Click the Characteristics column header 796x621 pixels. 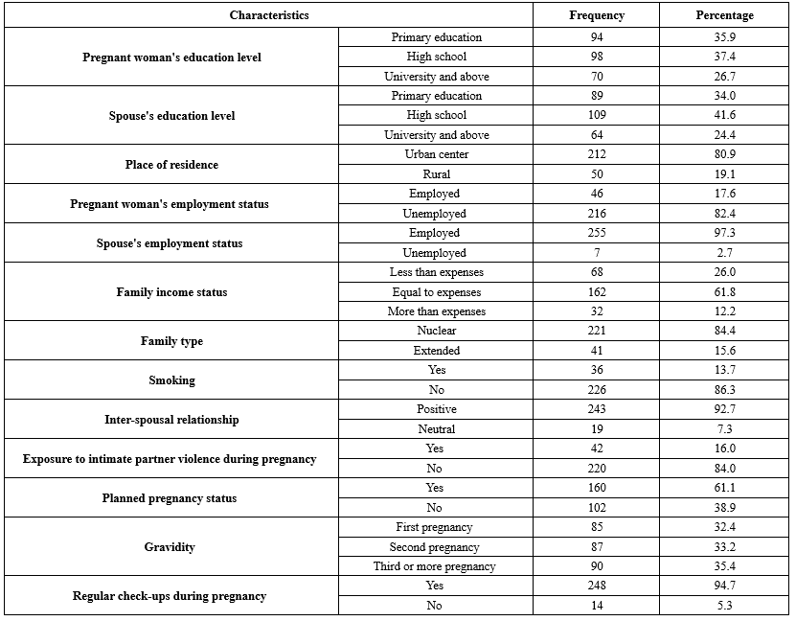click(x=269, y=15)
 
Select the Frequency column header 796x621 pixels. click(x=596, y=15)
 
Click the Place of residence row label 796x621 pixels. click(x=171, y=165)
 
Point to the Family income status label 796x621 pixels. click(x=171, y=292)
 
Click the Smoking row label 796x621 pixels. click(x=172, y=380)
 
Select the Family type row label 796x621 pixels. click(x=171, y=341)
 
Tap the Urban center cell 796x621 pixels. click(x=437, y=154)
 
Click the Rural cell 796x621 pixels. click(x=437, y=174)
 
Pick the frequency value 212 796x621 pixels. click(x=596, y=154)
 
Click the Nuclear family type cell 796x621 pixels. click(x=437, y=331)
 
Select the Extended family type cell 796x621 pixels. click(x=437, y=351)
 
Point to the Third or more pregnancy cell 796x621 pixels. click(x=435, y=566)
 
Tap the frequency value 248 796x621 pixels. click(x=596, y=586)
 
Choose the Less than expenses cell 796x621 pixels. click(x=437, y=272)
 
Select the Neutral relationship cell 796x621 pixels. click(x=437, y=429)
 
